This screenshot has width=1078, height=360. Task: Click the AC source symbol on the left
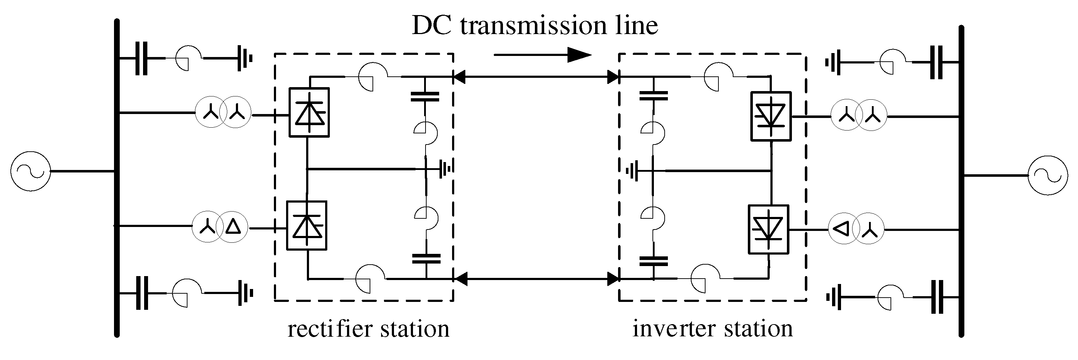click(x=30, y=171)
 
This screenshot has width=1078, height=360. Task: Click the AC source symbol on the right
click(x=1048, y=175)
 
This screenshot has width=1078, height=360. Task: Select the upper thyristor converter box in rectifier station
click(x=309, y=112)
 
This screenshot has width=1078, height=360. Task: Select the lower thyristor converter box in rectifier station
click(x=306, y=226)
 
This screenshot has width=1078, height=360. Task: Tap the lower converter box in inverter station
click(x=768, y=229)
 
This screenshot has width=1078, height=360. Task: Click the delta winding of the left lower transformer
click(x=233, y=227)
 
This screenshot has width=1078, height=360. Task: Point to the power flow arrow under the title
click(x=543, y=55)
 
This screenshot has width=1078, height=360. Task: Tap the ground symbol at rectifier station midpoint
click(x=446, y=169)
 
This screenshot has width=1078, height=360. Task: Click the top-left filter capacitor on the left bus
click(x=142, y=58)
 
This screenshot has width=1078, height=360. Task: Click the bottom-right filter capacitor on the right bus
click(x=936, y=297)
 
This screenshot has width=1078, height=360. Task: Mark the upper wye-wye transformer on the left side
click(x=223, y=113)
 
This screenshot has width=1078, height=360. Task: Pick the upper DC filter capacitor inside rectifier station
click(x=425, y=97)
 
